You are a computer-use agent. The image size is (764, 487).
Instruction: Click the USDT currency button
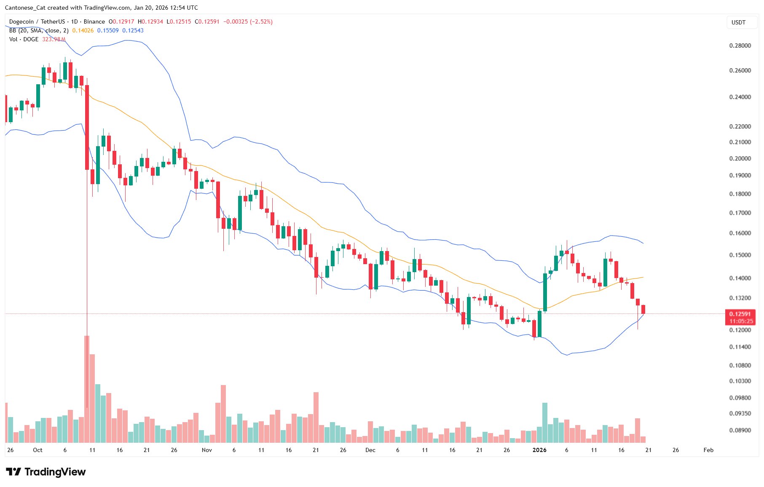point(738,22)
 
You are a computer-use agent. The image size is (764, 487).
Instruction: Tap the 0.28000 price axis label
point(740,45)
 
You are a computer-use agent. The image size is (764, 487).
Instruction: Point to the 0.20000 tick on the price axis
point(740,158)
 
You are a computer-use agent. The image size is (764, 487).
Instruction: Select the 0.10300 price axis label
point(740,381)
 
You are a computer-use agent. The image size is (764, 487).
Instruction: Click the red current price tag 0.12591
point(740,314)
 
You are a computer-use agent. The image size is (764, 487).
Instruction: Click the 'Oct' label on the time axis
point(38,450)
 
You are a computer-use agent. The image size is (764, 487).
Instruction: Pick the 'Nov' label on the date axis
point(206,450)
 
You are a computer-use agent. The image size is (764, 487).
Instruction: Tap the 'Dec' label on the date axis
point(370,450)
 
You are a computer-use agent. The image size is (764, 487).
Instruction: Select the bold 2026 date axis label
point(539,450)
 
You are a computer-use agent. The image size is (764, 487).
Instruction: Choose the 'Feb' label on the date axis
point(708,450)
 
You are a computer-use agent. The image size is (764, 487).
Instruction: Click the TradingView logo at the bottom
point(46,472)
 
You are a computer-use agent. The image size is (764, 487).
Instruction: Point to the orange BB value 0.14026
point(83,30)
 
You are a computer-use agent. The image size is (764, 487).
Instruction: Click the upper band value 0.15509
point(108,30)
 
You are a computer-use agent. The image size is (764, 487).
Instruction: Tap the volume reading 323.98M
point(54,39)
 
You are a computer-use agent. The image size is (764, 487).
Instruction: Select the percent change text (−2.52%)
point(261,21)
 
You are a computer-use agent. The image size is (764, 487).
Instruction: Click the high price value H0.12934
point(150,21)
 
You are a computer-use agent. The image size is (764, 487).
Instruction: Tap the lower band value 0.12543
point(133,30)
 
